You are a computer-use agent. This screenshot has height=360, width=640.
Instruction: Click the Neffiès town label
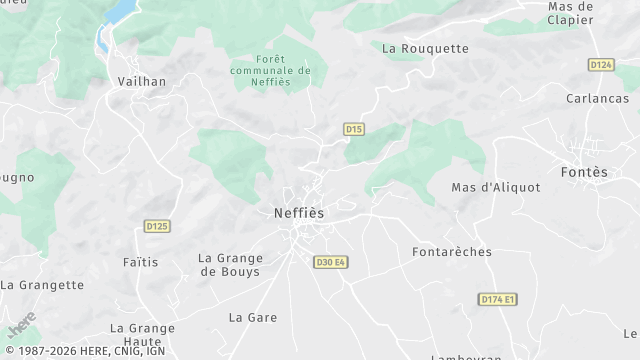(x=299, y=213)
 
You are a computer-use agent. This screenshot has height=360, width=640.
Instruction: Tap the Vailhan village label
(x=142, y=82)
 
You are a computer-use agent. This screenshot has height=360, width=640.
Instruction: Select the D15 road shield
(x=354, y=129)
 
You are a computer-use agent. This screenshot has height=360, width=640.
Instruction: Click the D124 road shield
(x=601, y=65)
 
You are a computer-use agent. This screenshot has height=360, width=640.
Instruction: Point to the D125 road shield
(x=157, y=226)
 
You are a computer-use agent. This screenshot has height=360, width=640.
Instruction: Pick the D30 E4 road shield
(x=331, y=262)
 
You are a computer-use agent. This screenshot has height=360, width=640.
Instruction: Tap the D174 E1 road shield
(x=498, y=299)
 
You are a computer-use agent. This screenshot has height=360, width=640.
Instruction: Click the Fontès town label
(x=585, y=172)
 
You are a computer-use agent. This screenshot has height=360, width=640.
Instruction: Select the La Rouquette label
(x=426, y=48)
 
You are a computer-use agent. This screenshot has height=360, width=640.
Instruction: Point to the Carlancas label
(x=597, y=99)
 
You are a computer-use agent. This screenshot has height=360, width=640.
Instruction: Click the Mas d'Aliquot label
(x=496, y=187)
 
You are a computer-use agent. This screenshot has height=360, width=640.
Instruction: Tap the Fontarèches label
(x=452, y=252)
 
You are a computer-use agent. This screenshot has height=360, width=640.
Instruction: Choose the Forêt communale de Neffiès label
(x=270, y=71)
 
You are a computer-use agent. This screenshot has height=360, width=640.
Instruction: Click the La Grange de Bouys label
(x=229, y=264)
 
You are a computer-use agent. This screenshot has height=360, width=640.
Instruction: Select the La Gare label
(x=253, y=317)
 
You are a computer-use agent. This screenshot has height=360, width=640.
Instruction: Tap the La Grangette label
(x=42, y=285)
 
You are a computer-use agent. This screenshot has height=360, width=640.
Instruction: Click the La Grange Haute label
(x=142, y=334)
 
